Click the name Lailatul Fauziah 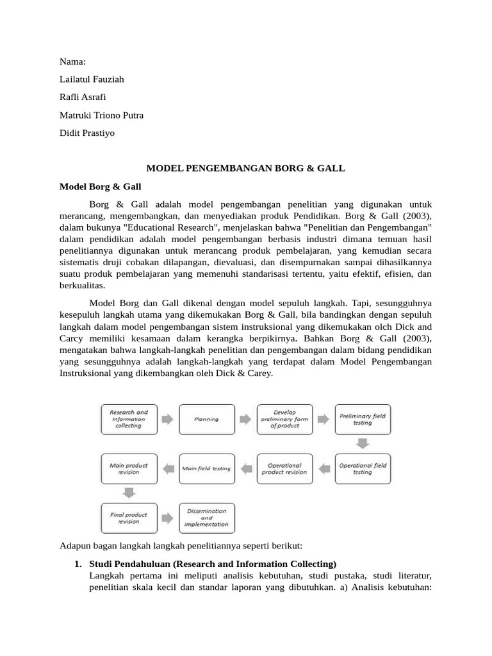(x=92, y=79)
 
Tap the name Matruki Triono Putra (x=101, y=115)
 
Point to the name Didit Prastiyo (x=87, y=133)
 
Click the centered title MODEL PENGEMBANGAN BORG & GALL (x=246, y=168)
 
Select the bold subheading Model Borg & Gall (x=100, y=186)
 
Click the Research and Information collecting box (x=129, y=419)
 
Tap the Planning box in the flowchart (x=206, y=419)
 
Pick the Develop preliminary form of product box (x=284, y=419)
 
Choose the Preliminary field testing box (x=363, y=419)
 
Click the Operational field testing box (x=363, y=468)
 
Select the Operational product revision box (x=284, y=468)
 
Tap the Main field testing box (x=206, y=468)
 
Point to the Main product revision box (x=129, y=468)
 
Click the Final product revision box (x=129, y=518)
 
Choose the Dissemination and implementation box (x=206, y=518)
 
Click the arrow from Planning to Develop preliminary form (x=245, y=419)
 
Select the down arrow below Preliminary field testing (x=363, y=443)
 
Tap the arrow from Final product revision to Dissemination (x=167, y=518)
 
